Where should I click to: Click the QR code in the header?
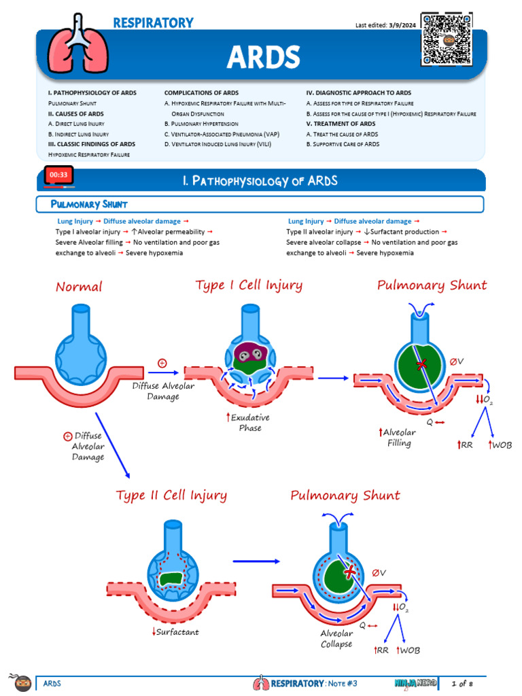coord(447,39)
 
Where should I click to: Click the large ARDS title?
coord(263,57)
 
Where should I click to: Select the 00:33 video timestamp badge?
coord(58,175)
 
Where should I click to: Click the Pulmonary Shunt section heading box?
coord(260,204)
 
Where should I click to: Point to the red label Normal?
coord(79,287)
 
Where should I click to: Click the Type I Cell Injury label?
coord(249,285)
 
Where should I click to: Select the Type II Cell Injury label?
coord(171,495)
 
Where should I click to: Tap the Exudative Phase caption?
coord(249,423)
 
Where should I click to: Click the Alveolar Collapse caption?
coord(336,638)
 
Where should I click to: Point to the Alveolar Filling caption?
coord(398,438)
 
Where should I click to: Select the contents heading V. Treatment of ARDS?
coord(341,124)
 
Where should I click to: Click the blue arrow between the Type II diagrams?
coord(256,561)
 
